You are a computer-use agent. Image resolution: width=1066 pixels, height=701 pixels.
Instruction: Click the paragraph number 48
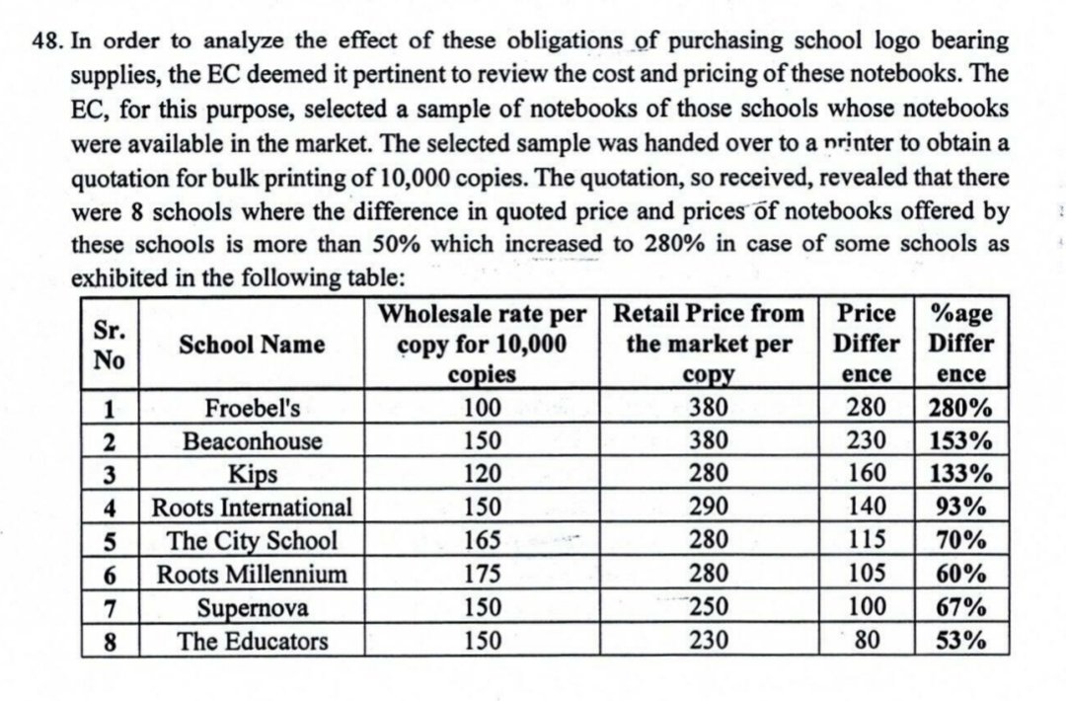coord(46,42)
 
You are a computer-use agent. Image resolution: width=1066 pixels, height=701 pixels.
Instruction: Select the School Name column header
coord(252,344)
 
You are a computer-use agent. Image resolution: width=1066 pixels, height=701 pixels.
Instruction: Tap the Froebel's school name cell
coord(252,407)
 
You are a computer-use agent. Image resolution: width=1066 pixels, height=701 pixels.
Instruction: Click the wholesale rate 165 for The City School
coord(484,540)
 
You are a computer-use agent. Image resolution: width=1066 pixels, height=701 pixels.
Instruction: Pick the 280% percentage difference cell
coord(960,407)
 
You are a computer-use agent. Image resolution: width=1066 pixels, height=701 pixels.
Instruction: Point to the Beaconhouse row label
coord(252,440)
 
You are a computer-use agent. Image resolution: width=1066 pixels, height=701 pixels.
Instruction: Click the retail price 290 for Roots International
coord(709,507)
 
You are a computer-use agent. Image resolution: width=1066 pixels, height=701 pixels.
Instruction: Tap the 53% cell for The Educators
coord(960,641)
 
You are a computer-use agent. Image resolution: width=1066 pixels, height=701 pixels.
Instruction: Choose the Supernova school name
coord(252,607)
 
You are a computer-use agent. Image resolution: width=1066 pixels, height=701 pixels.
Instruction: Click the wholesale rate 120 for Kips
coord(484,474)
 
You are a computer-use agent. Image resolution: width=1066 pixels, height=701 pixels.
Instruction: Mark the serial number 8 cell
coord(112,641)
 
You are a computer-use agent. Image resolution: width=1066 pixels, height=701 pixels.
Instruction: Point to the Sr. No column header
coord(109,344)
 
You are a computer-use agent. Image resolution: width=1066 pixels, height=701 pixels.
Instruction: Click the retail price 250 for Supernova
coord(709,607)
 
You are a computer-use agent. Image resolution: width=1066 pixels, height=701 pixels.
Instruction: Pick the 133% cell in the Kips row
coord(960,474)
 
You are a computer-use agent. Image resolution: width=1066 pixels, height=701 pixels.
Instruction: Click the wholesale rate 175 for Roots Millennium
coord(484,574)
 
